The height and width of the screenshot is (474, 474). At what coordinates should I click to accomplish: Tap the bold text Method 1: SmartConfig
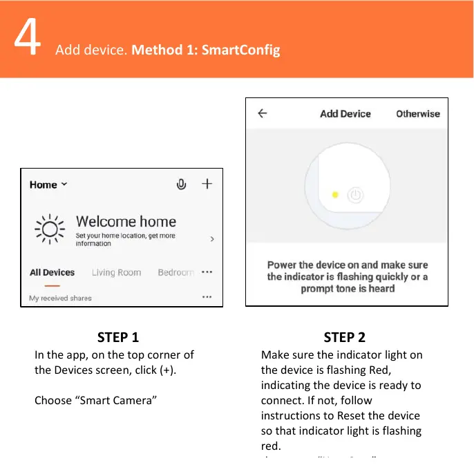[205, 50]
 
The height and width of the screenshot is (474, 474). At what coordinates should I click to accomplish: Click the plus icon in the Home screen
[207, 184]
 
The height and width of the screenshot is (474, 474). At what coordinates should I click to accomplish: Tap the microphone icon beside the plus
[181, 184]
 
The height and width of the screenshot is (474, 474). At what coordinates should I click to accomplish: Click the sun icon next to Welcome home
[50, 229]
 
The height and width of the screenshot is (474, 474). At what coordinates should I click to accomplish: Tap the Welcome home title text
[126, 222]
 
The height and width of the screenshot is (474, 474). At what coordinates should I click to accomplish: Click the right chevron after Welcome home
[211, 238]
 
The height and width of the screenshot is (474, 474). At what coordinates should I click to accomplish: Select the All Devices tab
[52, 272]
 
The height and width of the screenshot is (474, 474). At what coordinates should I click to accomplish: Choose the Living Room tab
[116, 272]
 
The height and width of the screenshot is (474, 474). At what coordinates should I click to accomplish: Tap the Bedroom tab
[176, 272]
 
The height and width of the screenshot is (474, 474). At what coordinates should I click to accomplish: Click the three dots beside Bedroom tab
[207, 272]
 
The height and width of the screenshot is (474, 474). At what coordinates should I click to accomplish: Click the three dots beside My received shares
[207, 296]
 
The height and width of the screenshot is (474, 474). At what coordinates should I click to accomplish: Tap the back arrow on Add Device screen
[263, 113]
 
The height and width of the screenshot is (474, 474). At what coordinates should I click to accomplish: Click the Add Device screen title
[345, 113]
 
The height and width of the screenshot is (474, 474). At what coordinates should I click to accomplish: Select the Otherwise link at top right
[417, 113]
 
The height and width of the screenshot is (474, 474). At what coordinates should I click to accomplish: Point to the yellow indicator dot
[335, 195]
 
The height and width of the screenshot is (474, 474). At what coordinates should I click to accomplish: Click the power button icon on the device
[354, 195]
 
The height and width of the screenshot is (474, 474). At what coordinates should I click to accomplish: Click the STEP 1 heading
[118, 337]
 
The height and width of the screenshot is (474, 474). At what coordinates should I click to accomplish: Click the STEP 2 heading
[344, 337]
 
